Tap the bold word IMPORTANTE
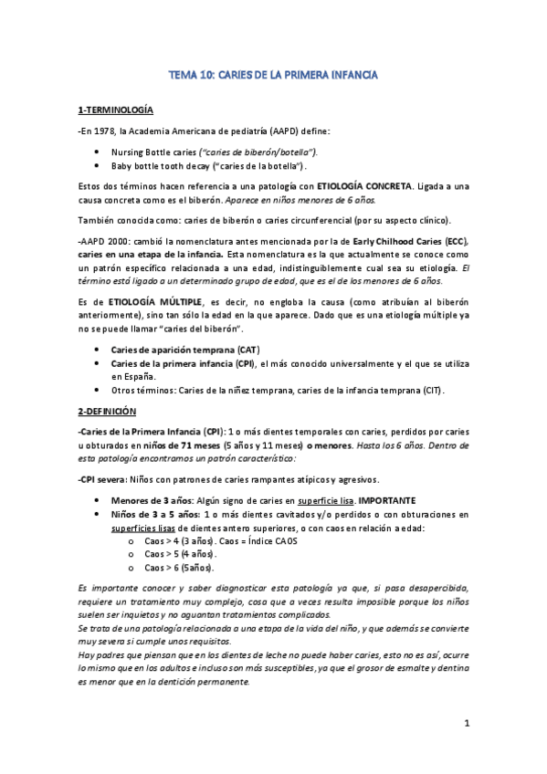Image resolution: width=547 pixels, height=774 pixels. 387,499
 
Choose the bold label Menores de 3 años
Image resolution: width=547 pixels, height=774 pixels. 142,499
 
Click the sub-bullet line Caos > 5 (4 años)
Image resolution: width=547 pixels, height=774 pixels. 180,554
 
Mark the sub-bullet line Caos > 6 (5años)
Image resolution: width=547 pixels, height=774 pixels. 178,567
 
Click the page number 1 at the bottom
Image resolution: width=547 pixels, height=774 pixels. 466,725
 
